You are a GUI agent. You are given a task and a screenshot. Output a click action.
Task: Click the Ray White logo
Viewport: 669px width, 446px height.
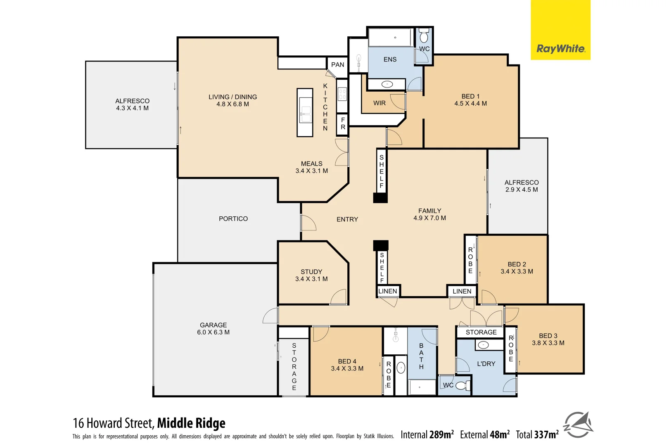[x=560, y=49]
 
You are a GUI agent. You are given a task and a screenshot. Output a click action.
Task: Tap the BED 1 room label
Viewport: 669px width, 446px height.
[x=470, y=100]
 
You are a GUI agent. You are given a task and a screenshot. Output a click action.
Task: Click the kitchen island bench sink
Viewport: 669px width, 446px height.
[x=305, y=112]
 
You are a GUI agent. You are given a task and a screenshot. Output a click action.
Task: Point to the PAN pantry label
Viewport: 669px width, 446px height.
[x=337, y=65]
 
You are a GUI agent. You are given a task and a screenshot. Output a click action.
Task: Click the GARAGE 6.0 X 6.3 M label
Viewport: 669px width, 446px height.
[x=213, y=329]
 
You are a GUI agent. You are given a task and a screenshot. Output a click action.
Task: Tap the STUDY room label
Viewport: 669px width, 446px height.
[x=311, y=275]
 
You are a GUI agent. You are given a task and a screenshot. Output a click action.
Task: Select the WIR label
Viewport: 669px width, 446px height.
[x=379, y=103]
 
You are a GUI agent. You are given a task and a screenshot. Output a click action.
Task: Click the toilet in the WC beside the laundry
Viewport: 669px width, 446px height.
[x=462, y=386]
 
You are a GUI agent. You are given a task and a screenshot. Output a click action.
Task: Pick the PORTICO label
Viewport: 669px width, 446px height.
[x=233, y=219]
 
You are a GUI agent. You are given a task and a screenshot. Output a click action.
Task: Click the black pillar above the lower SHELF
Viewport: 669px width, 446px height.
[x=381, y=245]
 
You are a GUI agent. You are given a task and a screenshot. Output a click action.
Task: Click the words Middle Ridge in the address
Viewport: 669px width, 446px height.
[x=191, y=423]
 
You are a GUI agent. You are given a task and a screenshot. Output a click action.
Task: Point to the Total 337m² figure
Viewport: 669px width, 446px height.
[x=537, y=434]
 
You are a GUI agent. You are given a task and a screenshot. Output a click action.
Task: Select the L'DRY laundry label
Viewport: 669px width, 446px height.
[x=486, y=364]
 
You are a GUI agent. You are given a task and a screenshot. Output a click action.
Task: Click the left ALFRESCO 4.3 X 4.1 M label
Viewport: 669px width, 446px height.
[x=132, y=104]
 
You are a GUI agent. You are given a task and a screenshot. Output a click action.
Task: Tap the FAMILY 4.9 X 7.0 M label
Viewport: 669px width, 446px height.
[x=429, y=214]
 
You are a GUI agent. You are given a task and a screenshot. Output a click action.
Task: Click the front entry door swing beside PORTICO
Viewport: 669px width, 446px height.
[x=308, y=223]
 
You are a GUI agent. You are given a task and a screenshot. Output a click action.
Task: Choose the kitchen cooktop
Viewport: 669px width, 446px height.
[x=342, y=95]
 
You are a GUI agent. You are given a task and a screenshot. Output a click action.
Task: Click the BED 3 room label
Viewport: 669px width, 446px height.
[x=548, y=339]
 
